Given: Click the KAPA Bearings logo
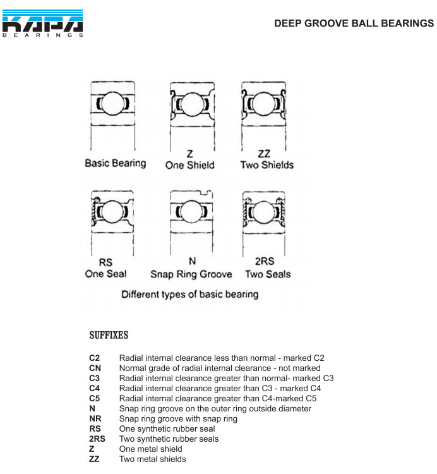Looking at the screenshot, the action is (x=42, y=23).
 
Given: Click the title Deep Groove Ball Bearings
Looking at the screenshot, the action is (x=354, y=23).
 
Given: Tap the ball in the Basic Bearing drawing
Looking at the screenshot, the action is (x=112, y=104).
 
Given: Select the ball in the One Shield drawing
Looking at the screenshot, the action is (x=192, y=104).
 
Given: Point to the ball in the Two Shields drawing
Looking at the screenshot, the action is (x=263, y=104).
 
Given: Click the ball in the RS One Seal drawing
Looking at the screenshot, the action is (x=112, y=211).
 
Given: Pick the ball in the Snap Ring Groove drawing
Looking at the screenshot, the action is (x=191, y=211).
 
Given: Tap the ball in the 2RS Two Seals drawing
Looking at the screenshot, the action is (x=263, y=212).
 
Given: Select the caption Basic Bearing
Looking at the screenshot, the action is (x=116, y=163).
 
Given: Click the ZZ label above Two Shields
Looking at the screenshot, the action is (x=264, y=154).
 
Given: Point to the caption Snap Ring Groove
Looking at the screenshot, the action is (x=191, y=274).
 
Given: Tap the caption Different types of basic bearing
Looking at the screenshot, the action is (x=190, y=295).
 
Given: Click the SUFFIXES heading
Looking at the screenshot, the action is (x=109, y=335).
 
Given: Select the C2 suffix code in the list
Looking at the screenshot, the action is (x=94, y=358).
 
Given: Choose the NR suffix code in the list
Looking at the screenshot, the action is (x=95, y=418).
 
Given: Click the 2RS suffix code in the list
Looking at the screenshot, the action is (x=97, y=439).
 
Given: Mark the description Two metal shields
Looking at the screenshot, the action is (x=153, y=459).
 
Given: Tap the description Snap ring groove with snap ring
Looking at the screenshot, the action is (x=178, y=419).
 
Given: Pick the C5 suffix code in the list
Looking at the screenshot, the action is (x=94, y=398).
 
